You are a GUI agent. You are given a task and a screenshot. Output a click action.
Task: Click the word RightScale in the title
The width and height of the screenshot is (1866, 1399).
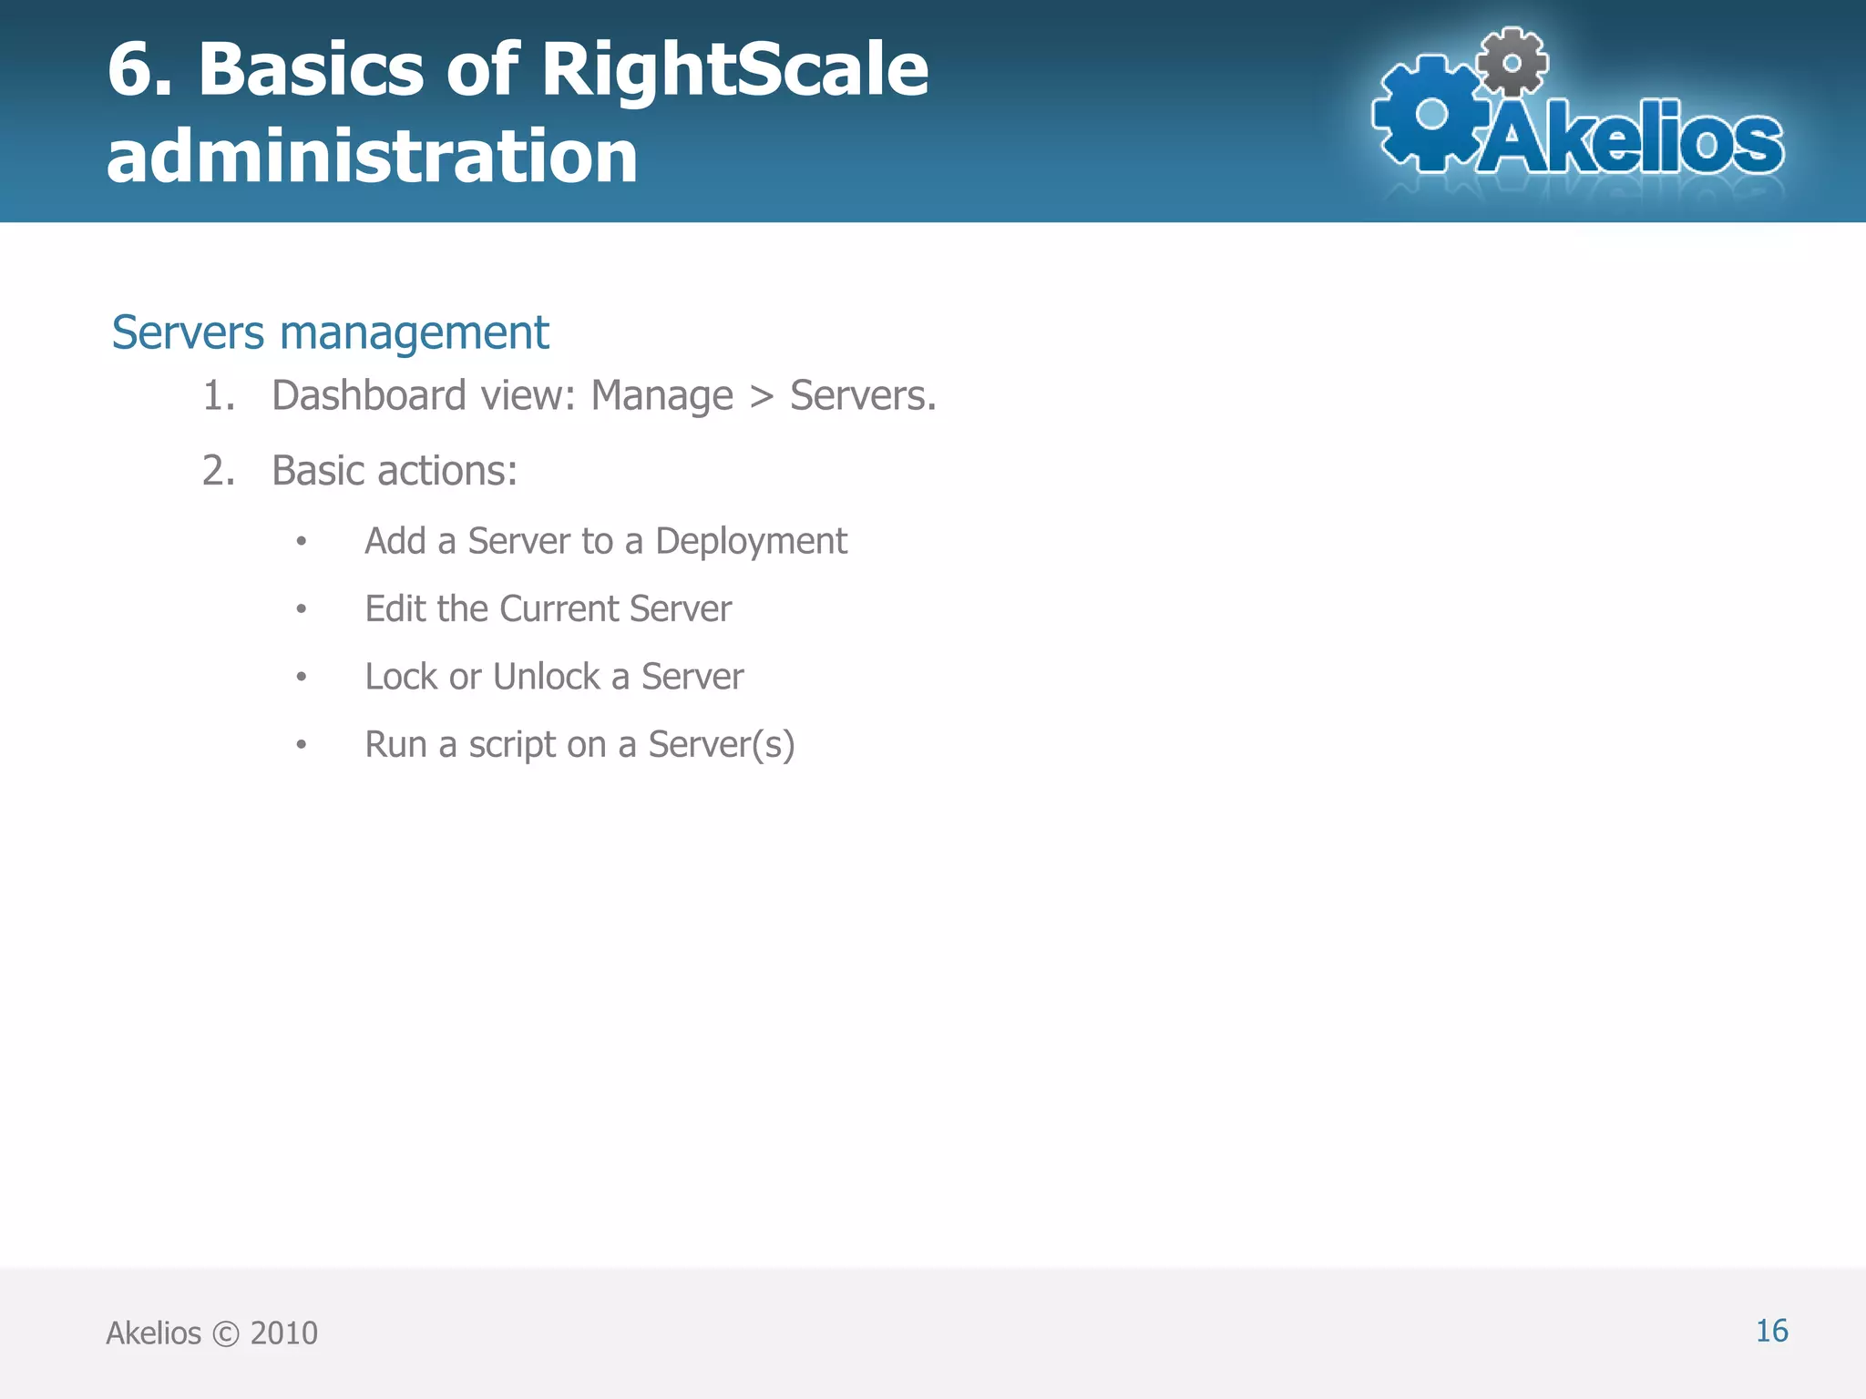pos(734,71)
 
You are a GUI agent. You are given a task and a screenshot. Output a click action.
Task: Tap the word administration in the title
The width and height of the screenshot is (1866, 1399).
pos(372,157)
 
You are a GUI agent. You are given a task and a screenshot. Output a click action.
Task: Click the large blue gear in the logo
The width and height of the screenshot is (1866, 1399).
pos(1431,115)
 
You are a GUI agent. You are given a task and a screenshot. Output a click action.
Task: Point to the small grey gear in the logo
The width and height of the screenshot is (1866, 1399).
pos(1512,62)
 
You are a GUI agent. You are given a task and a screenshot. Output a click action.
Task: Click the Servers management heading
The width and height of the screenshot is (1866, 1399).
pos(330,332)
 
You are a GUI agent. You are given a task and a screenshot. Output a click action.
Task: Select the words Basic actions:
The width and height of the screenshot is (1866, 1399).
pos(395,471)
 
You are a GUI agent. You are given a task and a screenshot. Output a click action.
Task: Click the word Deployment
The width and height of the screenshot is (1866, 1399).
pos(751,542)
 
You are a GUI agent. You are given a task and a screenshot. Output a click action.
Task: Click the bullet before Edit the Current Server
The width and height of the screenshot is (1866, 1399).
pos(302,609)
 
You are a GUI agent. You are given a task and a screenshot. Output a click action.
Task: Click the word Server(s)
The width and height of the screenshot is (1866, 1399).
pos(721,745)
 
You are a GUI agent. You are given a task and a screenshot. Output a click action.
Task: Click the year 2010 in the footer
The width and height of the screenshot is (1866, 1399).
pos(283,1333)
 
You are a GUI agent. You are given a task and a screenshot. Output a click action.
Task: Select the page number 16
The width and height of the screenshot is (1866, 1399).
pos(1771,1331)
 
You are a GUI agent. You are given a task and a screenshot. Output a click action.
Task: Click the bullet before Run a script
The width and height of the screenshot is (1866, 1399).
pos(302,745)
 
